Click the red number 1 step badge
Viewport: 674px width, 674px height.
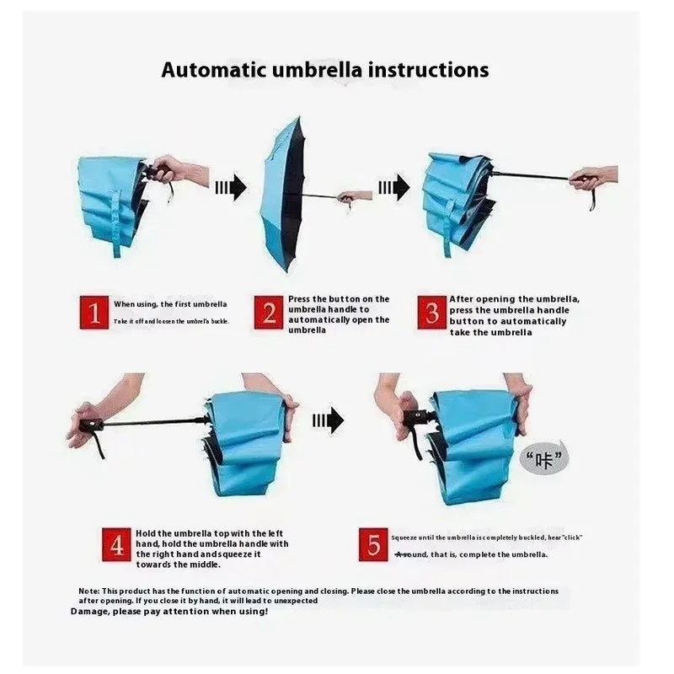click(94, 313)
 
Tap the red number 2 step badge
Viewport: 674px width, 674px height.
click(269, 313)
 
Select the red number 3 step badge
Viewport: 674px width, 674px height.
click(432, 313)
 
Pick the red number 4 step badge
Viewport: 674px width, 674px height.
click(116, 544)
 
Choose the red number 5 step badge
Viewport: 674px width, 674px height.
click(373, 544)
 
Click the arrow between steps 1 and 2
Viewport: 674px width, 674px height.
click(231, 187)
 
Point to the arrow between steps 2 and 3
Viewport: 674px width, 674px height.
click(394, 187)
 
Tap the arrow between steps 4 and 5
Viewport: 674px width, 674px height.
click(329, 420)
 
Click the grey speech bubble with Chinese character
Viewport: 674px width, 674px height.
click(543, 458)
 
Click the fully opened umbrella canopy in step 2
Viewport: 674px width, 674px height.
click(283, 194)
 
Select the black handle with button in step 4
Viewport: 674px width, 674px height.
click(91, 426)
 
